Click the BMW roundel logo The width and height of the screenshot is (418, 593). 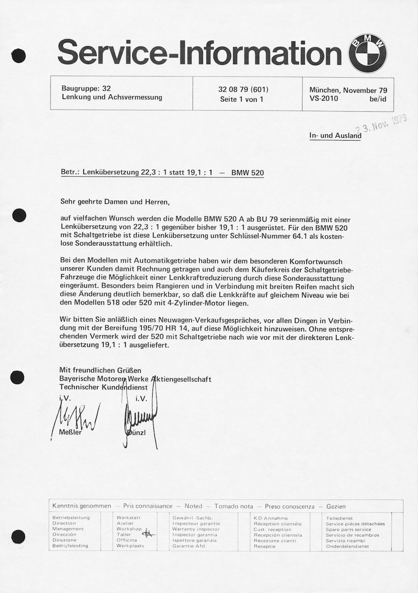coord(367,54)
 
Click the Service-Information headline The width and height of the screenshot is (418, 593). coord(200,54)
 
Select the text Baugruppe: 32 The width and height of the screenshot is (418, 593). coord(86,88)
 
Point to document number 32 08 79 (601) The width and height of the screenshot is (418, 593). coord(243,90)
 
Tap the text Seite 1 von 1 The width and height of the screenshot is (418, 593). coord(242,99)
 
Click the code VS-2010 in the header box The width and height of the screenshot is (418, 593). coord(323,98)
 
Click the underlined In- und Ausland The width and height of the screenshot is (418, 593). coord(335,136)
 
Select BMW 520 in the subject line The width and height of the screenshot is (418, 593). coord(247,173)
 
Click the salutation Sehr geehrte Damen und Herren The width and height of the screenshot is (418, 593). coord(114,201)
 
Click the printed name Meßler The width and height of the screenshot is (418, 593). coord(70,432)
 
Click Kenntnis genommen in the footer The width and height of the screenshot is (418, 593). coord(82,506)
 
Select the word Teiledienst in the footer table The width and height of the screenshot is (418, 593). coord(339,518)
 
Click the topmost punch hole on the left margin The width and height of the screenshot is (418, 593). coord(19,56)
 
